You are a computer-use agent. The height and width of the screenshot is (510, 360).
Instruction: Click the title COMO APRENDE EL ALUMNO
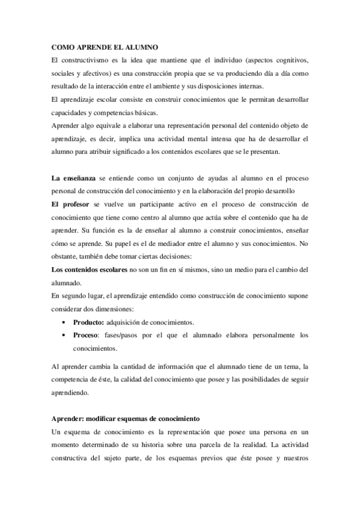[103, 48]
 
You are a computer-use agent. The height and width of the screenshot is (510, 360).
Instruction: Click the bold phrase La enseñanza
[75, 179]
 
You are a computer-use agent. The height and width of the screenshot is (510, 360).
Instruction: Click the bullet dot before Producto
[64, 322]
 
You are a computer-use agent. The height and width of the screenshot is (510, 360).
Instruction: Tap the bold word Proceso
[86, 335]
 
